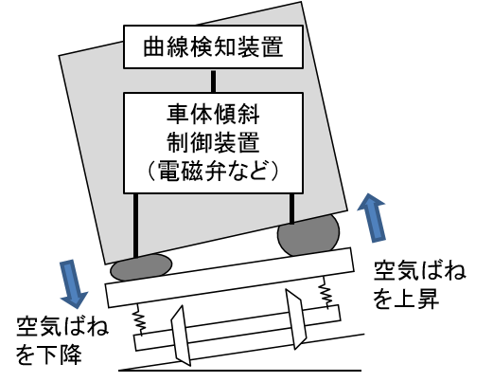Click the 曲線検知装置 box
(213, 46)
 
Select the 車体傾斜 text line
(213, 115)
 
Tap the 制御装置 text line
(213, 143)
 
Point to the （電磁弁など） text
(213, 171)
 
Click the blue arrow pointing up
(373, 218)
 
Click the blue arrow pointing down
(73, 283)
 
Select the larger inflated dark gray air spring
(308, 234)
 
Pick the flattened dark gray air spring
(141, 267)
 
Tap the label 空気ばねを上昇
(419, 284)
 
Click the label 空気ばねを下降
(62, 340)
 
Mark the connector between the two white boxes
(214, 81)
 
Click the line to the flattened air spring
(135, 226)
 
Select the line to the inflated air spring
(291, 209)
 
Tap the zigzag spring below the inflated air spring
(325, 292)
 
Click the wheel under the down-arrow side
(181, 336)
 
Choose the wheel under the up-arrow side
(295, 319)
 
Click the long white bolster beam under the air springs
(230, 278)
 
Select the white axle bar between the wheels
(238, 328)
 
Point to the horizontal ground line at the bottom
(239, 371)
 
